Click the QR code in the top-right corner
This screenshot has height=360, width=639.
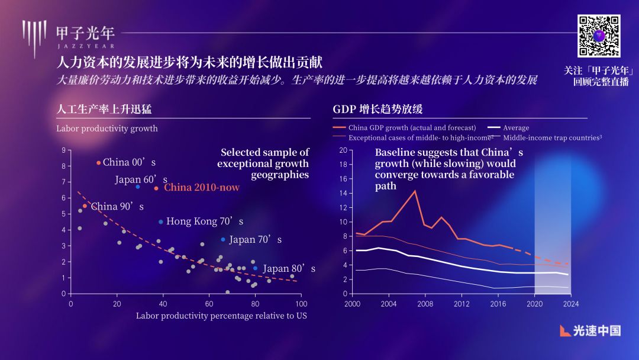pos(599,36)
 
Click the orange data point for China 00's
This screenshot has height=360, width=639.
pos(98,162)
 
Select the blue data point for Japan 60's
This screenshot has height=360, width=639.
pos(138,187)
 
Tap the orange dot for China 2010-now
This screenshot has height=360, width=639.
pos(156,188)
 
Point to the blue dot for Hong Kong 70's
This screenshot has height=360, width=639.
pos(160,221)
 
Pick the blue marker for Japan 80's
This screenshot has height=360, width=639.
pos(255,268)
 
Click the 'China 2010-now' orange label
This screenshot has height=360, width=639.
pos(202,188)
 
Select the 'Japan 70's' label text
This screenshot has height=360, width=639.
pos(255,240)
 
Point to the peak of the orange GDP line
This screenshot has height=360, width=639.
pos(415,191)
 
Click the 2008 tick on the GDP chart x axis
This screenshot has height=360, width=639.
pos(425,304)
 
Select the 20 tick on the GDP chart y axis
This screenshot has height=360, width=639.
pos(343,150)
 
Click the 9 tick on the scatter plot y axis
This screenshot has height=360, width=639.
pos(63,150)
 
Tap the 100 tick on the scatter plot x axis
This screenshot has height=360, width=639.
pos(301,303)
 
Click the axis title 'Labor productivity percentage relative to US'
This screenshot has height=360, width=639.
pos(221,316)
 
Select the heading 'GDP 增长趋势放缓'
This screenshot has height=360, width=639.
pos(377,110)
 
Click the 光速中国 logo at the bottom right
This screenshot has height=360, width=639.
pos(590,330)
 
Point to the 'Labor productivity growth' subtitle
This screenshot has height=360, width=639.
pos(107,128)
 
